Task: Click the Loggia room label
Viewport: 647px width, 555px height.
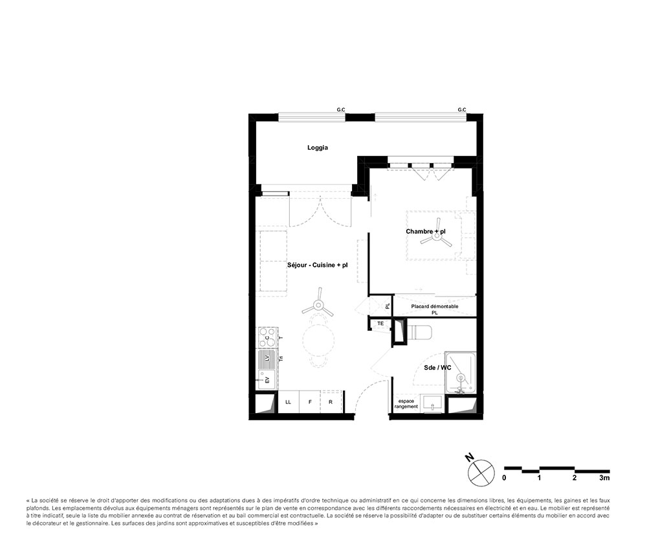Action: [317, 148]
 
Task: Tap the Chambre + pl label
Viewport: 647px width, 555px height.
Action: [426, 231]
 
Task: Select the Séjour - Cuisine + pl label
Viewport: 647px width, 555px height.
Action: [317, 265]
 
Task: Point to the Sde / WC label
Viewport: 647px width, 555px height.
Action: [437, 368]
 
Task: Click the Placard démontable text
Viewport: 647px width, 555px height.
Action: [435, 306]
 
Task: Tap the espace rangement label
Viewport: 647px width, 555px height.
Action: [406, 404]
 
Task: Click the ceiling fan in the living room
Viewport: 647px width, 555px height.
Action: [318, 305]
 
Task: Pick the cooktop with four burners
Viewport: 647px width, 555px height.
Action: [267, 337]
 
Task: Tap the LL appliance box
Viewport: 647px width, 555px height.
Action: [289, 402]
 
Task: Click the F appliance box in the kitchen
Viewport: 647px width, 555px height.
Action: [310, 402]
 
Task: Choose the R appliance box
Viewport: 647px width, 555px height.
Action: [331, 402]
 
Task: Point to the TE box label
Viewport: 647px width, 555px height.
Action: [380, 323]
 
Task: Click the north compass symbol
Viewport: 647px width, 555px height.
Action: [481, 472]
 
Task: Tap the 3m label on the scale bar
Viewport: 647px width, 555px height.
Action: [604, 478]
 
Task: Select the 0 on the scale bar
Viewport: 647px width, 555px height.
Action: [504, 478]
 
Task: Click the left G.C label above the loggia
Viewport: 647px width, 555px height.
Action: [341, 110]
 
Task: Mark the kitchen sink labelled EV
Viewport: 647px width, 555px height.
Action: [266, 379]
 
